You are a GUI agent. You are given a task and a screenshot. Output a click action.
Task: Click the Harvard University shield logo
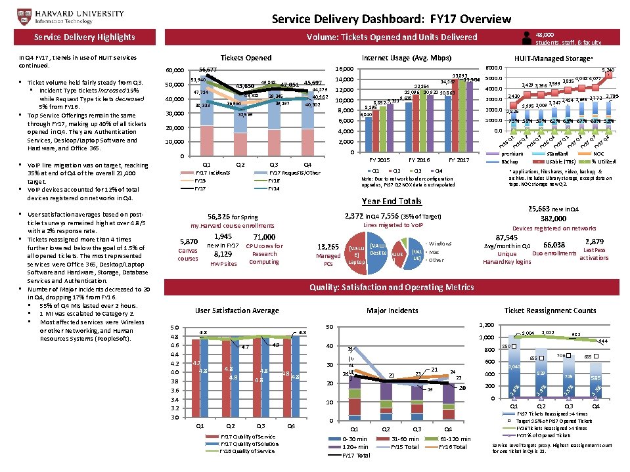pos(11,14)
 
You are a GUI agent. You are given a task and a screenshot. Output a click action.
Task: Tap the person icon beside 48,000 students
pos(527,38)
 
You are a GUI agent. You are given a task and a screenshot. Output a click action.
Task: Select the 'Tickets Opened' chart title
pos(246,58)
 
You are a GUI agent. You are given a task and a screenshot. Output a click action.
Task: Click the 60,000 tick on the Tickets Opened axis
pos(175,70)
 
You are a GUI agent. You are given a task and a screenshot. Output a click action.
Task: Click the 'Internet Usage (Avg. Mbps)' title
pos(402,58)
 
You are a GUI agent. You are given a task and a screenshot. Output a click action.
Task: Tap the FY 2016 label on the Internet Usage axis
pos(418,160)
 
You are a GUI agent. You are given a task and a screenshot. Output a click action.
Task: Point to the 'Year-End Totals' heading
pos(392,201)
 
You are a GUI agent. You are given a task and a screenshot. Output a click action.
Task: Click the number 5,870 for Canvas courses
pos(188,242)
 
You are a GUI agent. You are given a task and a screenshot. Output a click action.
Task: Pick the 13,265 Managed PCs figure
pos(328,246)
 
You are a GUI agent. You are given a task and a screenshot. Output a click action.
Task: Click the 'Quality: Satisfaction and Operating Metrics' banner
pos(391,287)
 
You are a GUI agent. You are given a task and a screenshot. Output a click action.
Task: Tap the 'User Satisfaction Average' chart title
pos(237,311)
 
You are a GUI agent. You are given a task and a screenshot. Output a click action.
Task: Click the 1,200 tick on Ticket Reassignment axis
pos(487,325)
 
